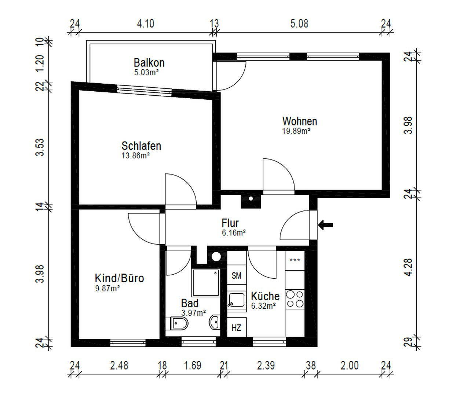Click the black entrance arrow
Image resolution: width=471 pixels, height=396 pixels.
[x=325, y=225]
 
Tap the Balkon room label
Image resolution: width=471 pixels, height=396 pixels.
[x=149, y=63]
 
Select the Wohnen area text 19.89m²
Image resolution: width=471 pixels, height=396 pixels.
[x=296, y=131]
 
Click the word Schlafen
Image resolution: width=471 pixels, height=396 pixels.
[x=142, y=146]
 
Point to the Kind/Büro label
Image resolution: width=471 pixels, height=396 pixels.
[x=119, y=278]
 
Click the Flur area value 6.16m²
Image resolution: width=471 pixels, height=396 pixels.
[x=234, y=232]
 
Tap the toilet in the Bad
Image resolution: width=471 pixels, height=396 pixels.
[x=177, y=324]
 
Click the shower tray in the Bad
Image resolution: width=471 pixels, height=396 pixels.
[x=205, y=283]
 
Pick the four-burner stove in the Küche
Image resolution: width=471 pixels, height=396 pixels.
[x=295, y=299]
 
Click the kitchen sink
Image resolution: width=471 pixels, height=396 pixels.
[x=237, y=300]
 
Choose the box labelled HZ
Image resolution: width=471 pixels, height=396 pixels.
[x=237, y=327]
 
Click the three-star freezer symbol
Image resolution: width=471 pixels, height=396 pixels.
[x=295, y=260]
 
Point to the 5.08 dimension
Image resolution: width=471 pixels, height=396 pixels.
[x=299, y=24]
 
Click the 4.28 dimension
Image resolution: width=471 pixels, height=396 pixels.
[x=409, y=267]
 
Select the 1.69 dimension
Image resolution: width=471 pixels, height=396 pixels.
[x=193, y=366]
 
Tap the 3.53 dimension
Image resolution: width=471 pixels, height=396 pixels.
[x=40, y=147]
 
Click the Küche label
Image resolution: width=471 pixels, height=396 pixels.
[x=265, y=296]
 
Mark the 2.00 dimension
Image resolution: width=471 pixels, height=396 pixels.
[x=350, y=366]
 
